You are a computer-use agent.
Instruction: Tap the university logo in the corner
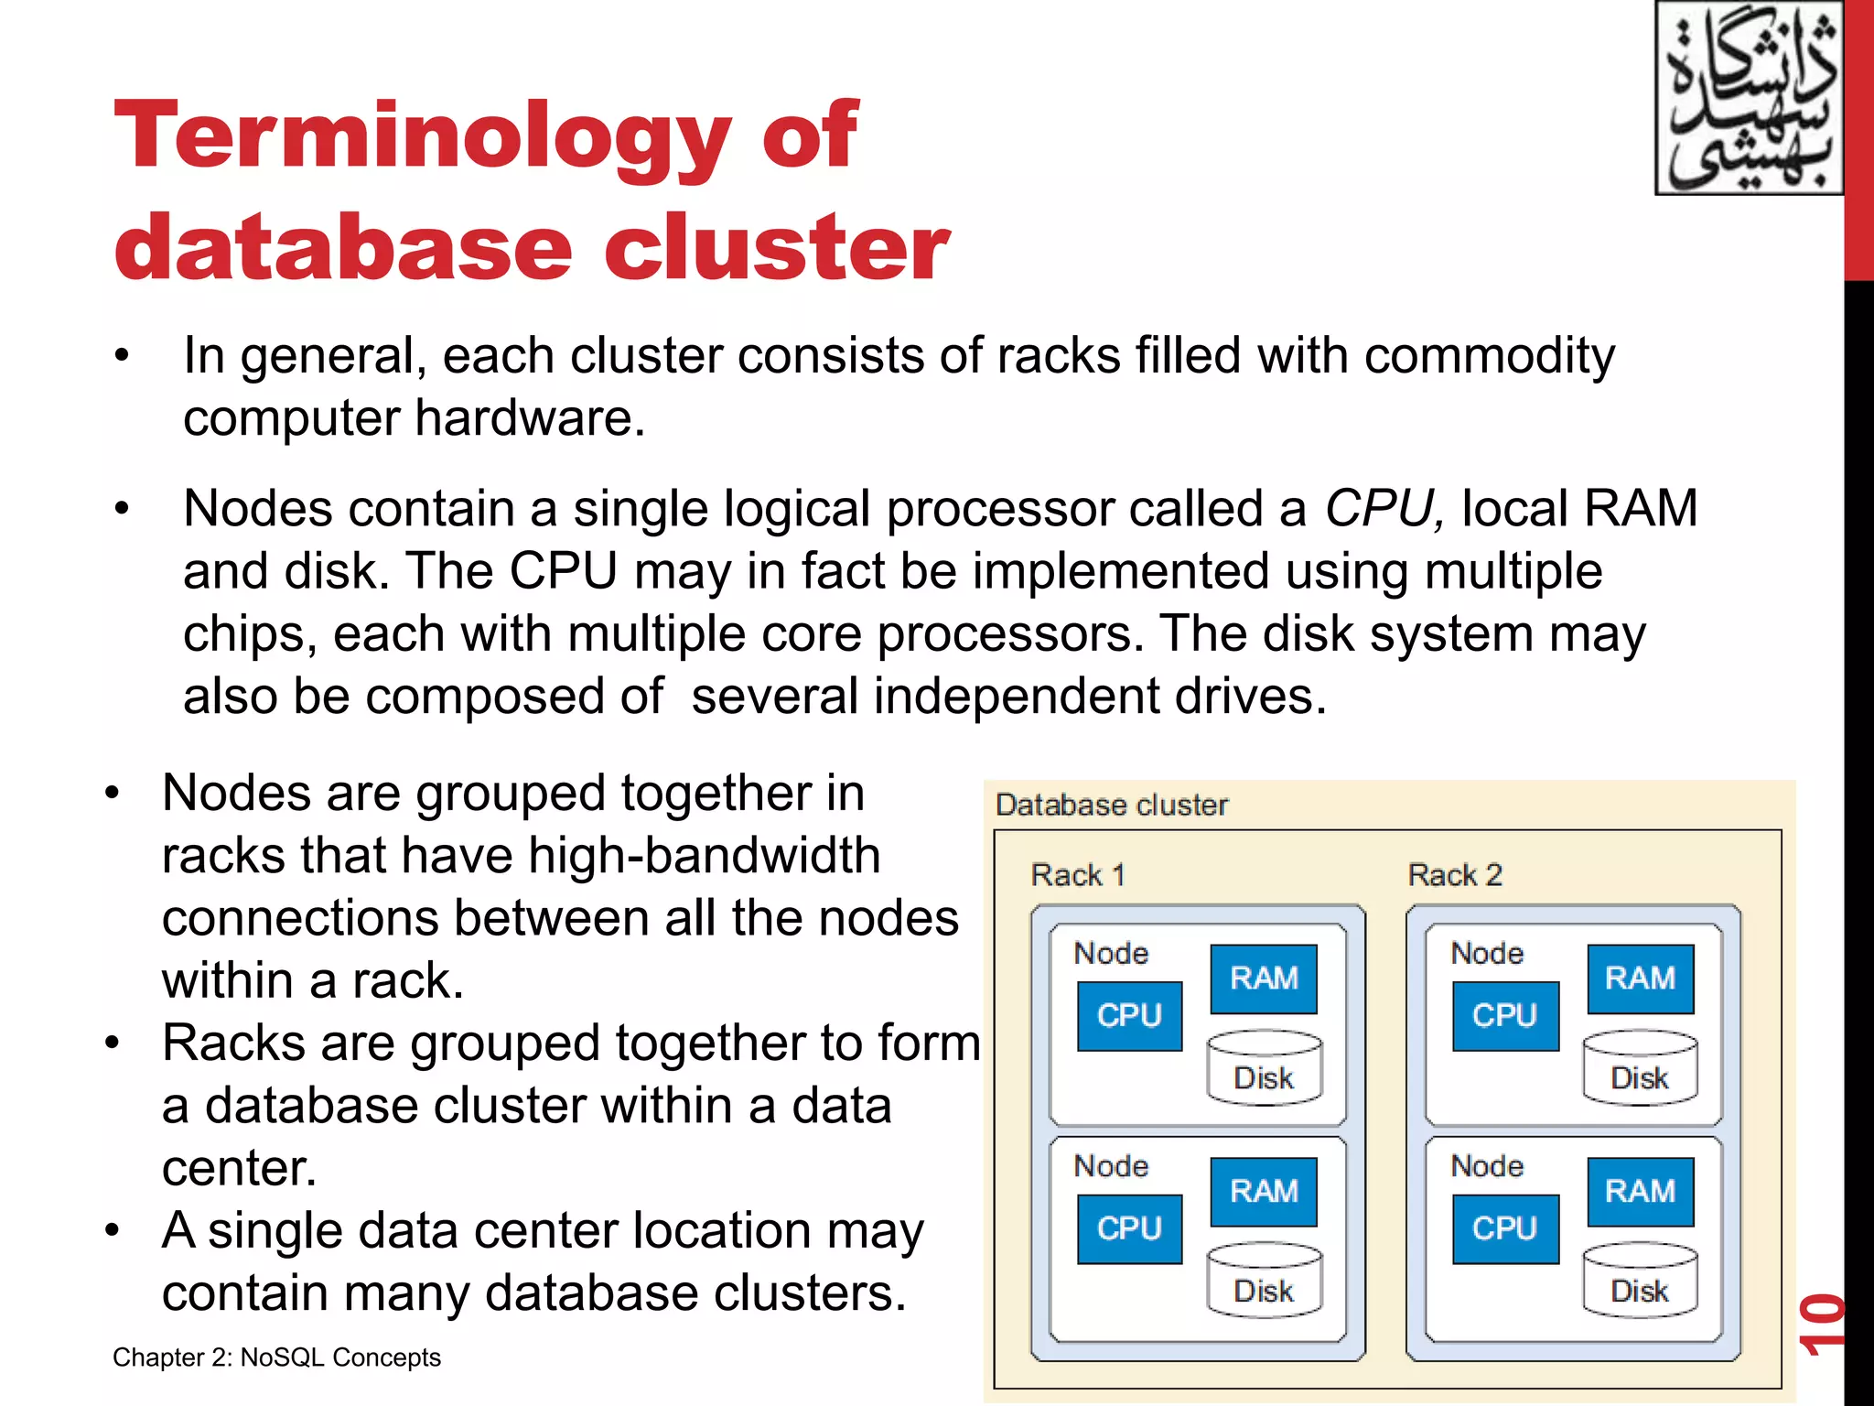[x=1748, y=98]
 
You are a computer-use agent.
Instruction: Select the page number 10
[x=1820, y=1325]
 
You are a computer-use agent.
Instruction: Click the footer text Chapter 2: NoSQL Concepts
[x=276, y=1357]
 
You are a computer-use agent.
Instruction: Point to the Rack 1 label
[x=1077, y=875]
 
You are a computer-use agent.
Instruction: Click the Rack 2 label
[x=1454, y=875]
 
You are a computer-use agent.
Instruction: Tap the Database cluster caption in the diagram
[x=1111, y=806]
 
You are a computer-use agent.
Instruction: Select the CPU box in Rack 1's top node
[x=1129, y=1016]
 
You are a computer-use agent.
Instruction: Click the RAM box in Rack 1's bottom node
[x=1264, y=1192]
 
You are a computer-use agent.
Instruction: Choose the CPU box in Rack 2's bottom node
[x=1505, y=1229]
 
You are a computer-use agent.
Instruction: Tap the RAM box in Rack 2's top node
[x=1640, y=979]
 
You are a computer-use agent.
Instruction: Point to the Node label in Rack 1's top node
[x=1111, y=954]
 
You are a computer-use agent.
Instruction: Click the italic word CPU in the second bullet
[x=1383, y=509]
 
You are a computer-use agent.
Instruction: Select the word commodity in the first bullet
[x=1489, y=357]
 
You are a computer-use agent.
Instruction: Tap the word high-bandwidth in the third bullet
[x=704, y=856]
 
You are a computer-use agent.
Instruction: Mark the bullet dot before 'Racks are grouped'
[x=112, y=1043]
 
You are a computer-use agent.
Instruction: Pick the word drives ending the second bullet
[x=1248, y=697]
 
